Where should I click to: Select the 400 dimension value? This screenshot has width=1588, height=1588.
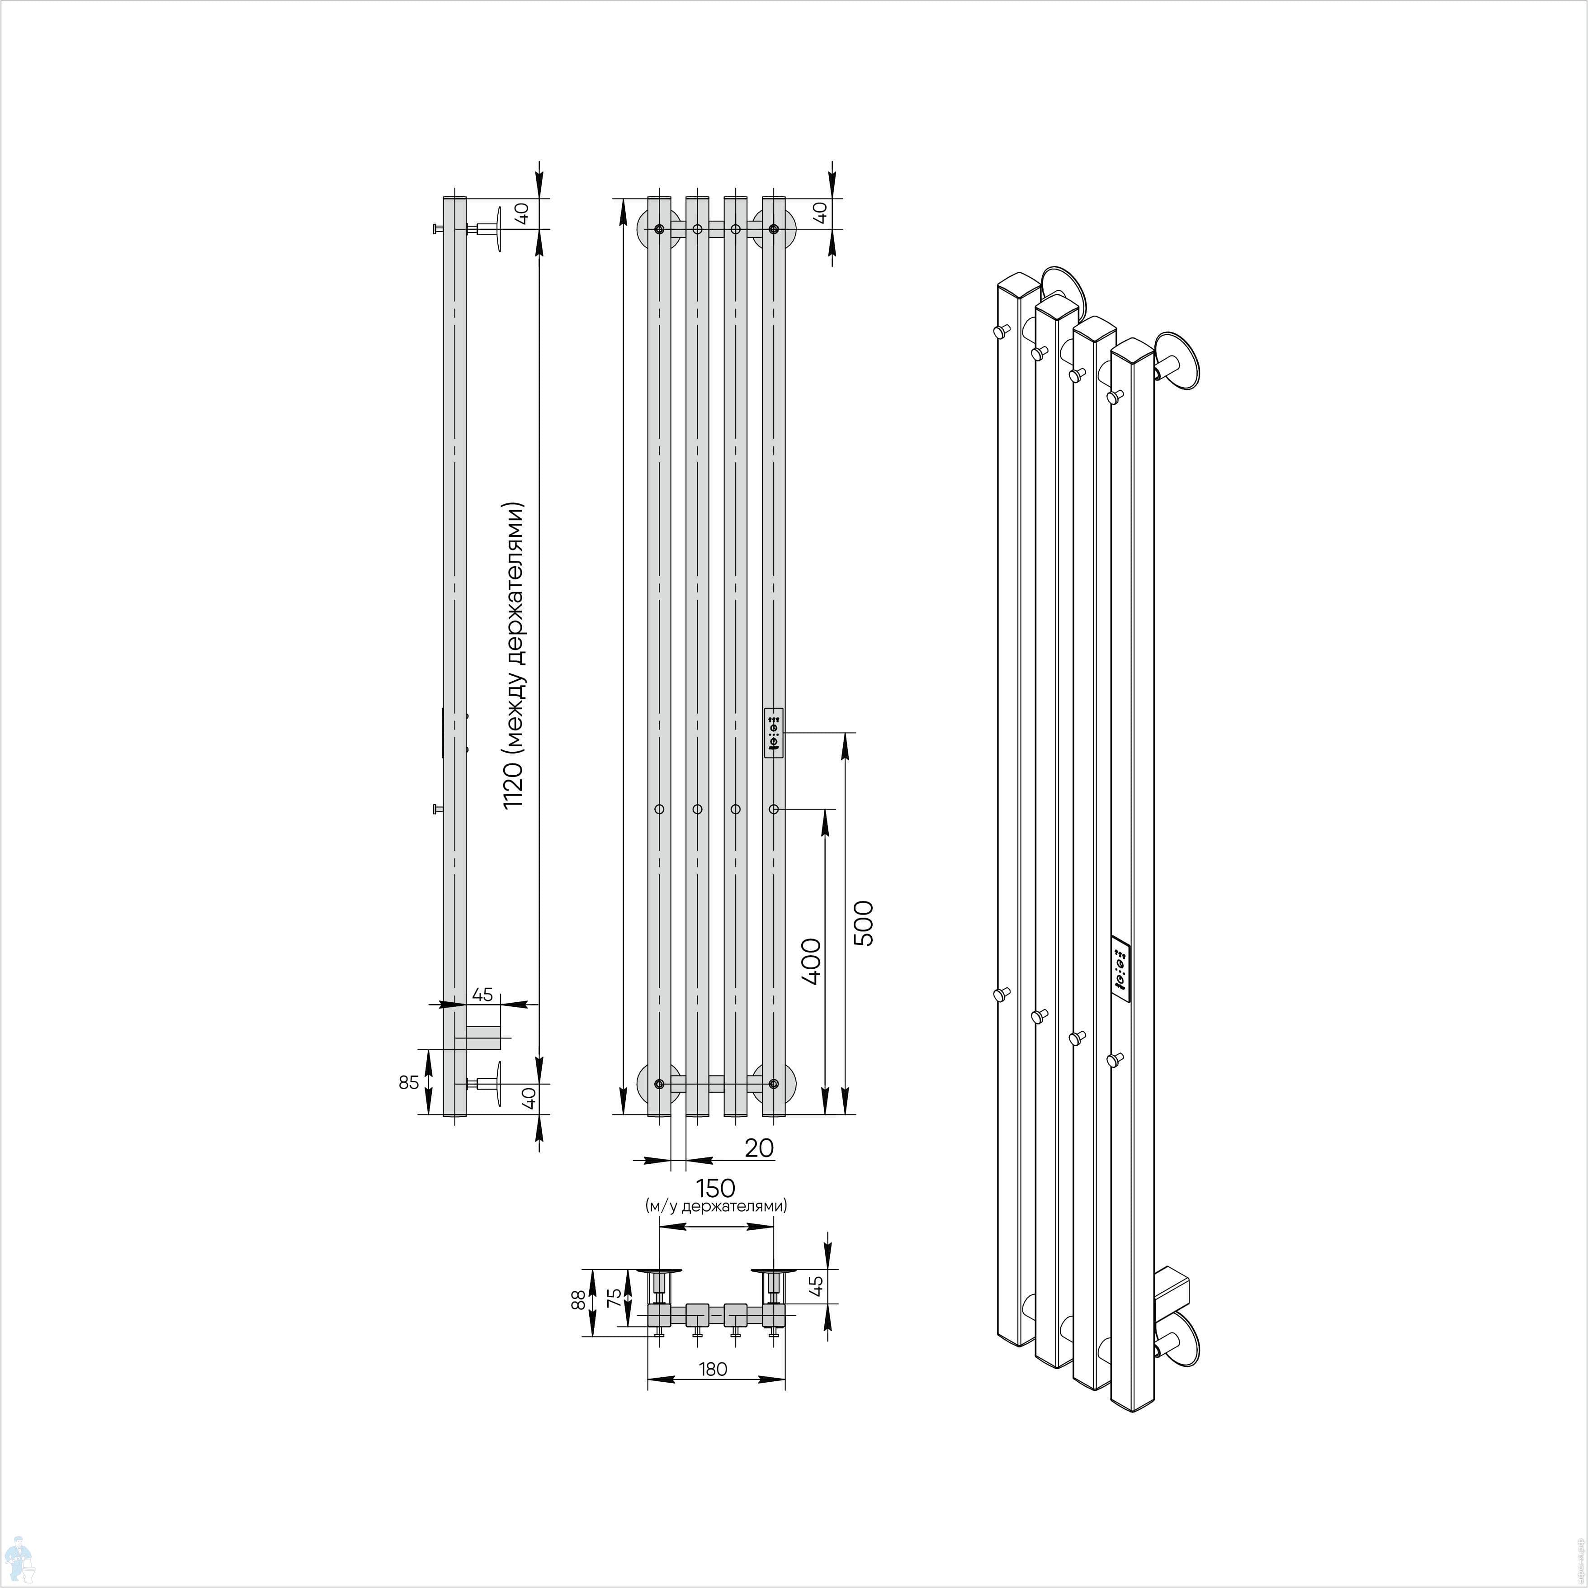[x=811, y=961]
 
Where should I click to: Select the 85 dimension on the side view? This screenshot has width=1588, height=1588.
[x=408, y=1082]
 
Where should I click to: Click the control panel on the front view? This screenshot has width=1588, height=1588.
[x=774, y=733]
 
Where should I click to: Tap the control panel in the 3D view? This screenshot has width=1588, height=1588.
[x=1121, y=968]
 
